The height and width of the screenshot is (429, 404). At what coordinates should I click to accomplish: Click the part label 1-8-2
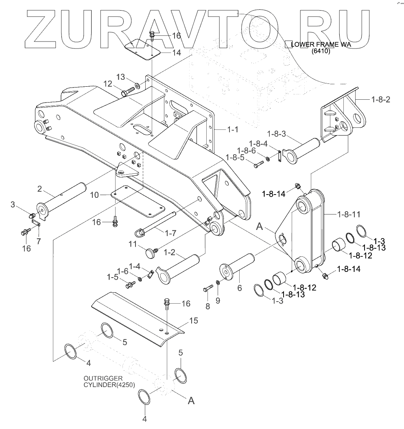click(380, 99)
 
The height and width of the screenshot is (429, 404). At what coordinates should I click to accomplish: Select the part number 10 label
click(94, 195)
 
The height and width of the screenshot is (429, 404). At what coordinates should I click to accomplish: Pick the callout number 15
click(194, 321)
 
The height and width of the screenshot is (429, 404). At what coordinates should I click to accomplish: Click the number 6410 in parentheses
click(321, 52)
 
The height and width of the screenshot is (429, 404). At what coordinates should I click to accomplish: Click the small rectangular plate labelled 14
click(142, 49)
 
